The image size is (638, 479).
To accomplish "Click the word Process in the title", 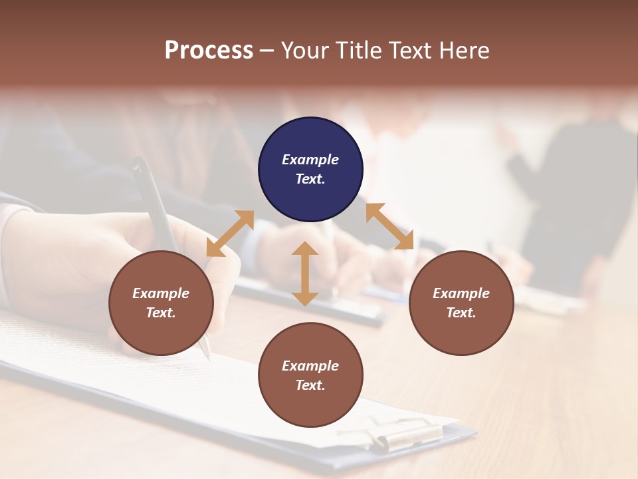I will (x=209, y=51).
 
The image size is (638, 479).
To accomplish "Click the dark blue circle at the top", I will (x=310, y=170).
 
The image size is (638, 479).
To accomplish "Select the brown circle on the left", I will (x=161, y=303).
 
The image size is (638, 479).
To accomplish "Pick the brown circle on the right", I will (x=461, y=303).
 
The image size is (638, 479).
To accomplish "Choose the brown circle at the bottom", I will (x=310, y=375).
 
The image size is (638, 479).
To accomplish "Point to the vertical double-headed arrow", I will (x=305, y=274).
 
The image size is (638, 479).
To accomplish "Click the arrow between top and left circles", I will (x=230, y=234).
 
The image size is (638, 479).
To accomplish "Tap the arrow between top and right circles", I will (x=390, y=226).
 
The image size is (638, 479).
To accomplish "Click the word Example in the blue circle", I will (x=310, y=160).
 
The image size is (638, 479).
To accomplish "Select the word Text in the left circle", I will (x=160, y=313).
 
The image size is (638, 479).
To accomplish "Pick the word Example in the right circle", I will (x=461, y=293).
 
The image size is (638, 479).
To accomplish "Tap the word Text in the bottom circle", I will (x=309, y=385).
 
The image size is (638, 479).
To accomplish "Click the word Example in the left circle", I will (x=161, y=293).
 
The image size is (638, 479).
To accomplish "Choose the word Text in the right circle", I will (x=461, y=313).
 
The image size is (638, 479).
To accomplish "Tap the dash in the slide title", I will (x=267, y=51).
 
